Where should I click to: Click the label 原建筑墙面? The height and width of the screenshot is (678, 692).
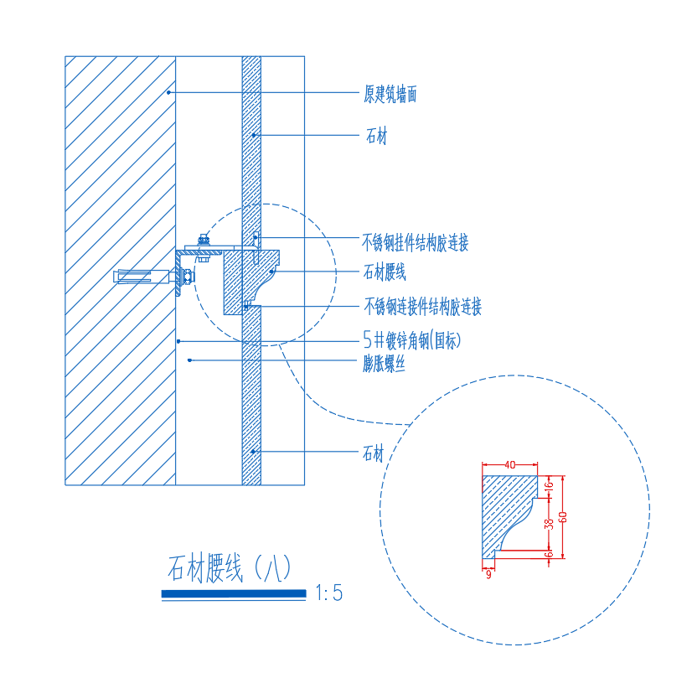coord(390,94)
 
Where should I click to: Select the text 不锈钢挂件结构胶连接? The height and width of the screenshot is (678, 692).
coord(416,243)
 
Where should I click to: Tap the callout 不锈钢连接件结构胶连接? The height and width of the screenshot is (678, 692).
coord(422,307)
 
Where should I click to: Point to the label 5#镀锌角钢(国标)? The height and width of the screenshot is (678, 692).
coord(411,340)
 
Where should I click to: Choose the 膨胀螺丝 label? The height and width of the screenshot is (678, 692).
coord(384,364)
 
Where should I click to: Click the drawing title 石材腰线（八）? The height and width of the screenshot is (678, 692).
coord(230,568)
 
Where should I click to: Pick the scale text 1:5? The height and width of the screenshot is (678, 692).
coord(329,593)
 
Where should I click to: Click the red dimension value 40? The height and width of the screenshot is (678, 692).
coord(509,465)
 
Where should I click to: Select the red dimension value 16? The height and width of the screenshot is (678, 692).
coord(549,487)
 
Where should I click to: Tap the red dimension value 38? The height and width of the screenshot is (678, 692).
coord(549,524)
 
